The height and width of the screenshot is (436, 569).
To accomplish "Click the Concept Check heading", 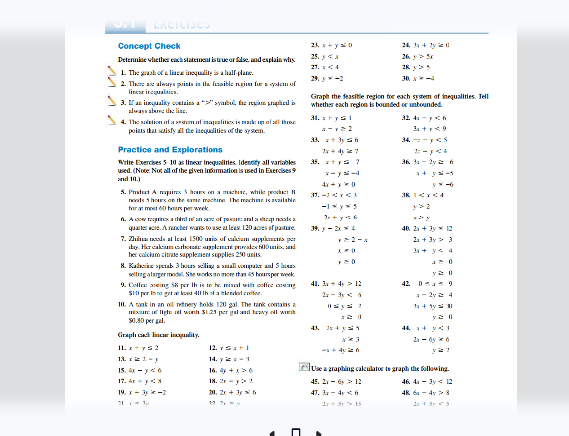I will click(149, 46).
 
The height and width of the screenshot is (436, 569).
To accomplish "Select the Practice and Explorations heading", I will click(170, 150).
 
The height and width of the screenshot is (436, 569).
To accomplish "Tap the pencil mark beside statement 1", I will click(111, 72).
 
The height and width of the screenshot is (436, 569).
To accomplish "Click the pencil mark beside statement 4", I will click(111, 121).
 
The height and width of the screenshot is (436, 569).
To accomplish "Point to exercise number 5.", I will click(124, 192).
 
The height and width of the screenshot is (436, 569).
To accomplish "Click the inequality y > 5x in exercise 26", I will click(424, 56).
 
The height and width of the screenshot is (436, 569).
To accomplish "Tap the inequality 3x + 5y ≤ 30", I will click(433, 306).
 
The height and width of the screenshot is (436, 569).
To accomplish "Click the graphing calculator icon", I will click(304, 367).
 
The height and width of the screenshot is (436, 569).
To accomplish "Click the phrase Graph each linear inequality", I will click(158, 335).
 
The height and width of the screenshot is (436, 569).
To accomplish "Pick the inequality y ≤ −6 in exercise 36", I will click(442, 184).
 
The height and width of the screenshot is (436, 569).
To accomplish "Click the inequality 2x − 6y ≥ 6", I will click(431, 339).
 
